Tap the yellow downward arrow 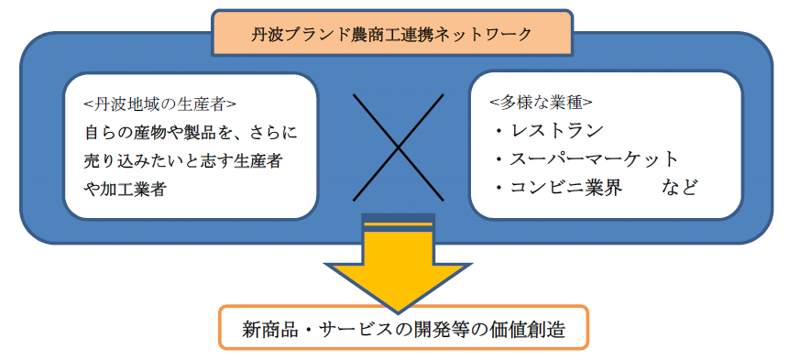click(397, 266)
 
